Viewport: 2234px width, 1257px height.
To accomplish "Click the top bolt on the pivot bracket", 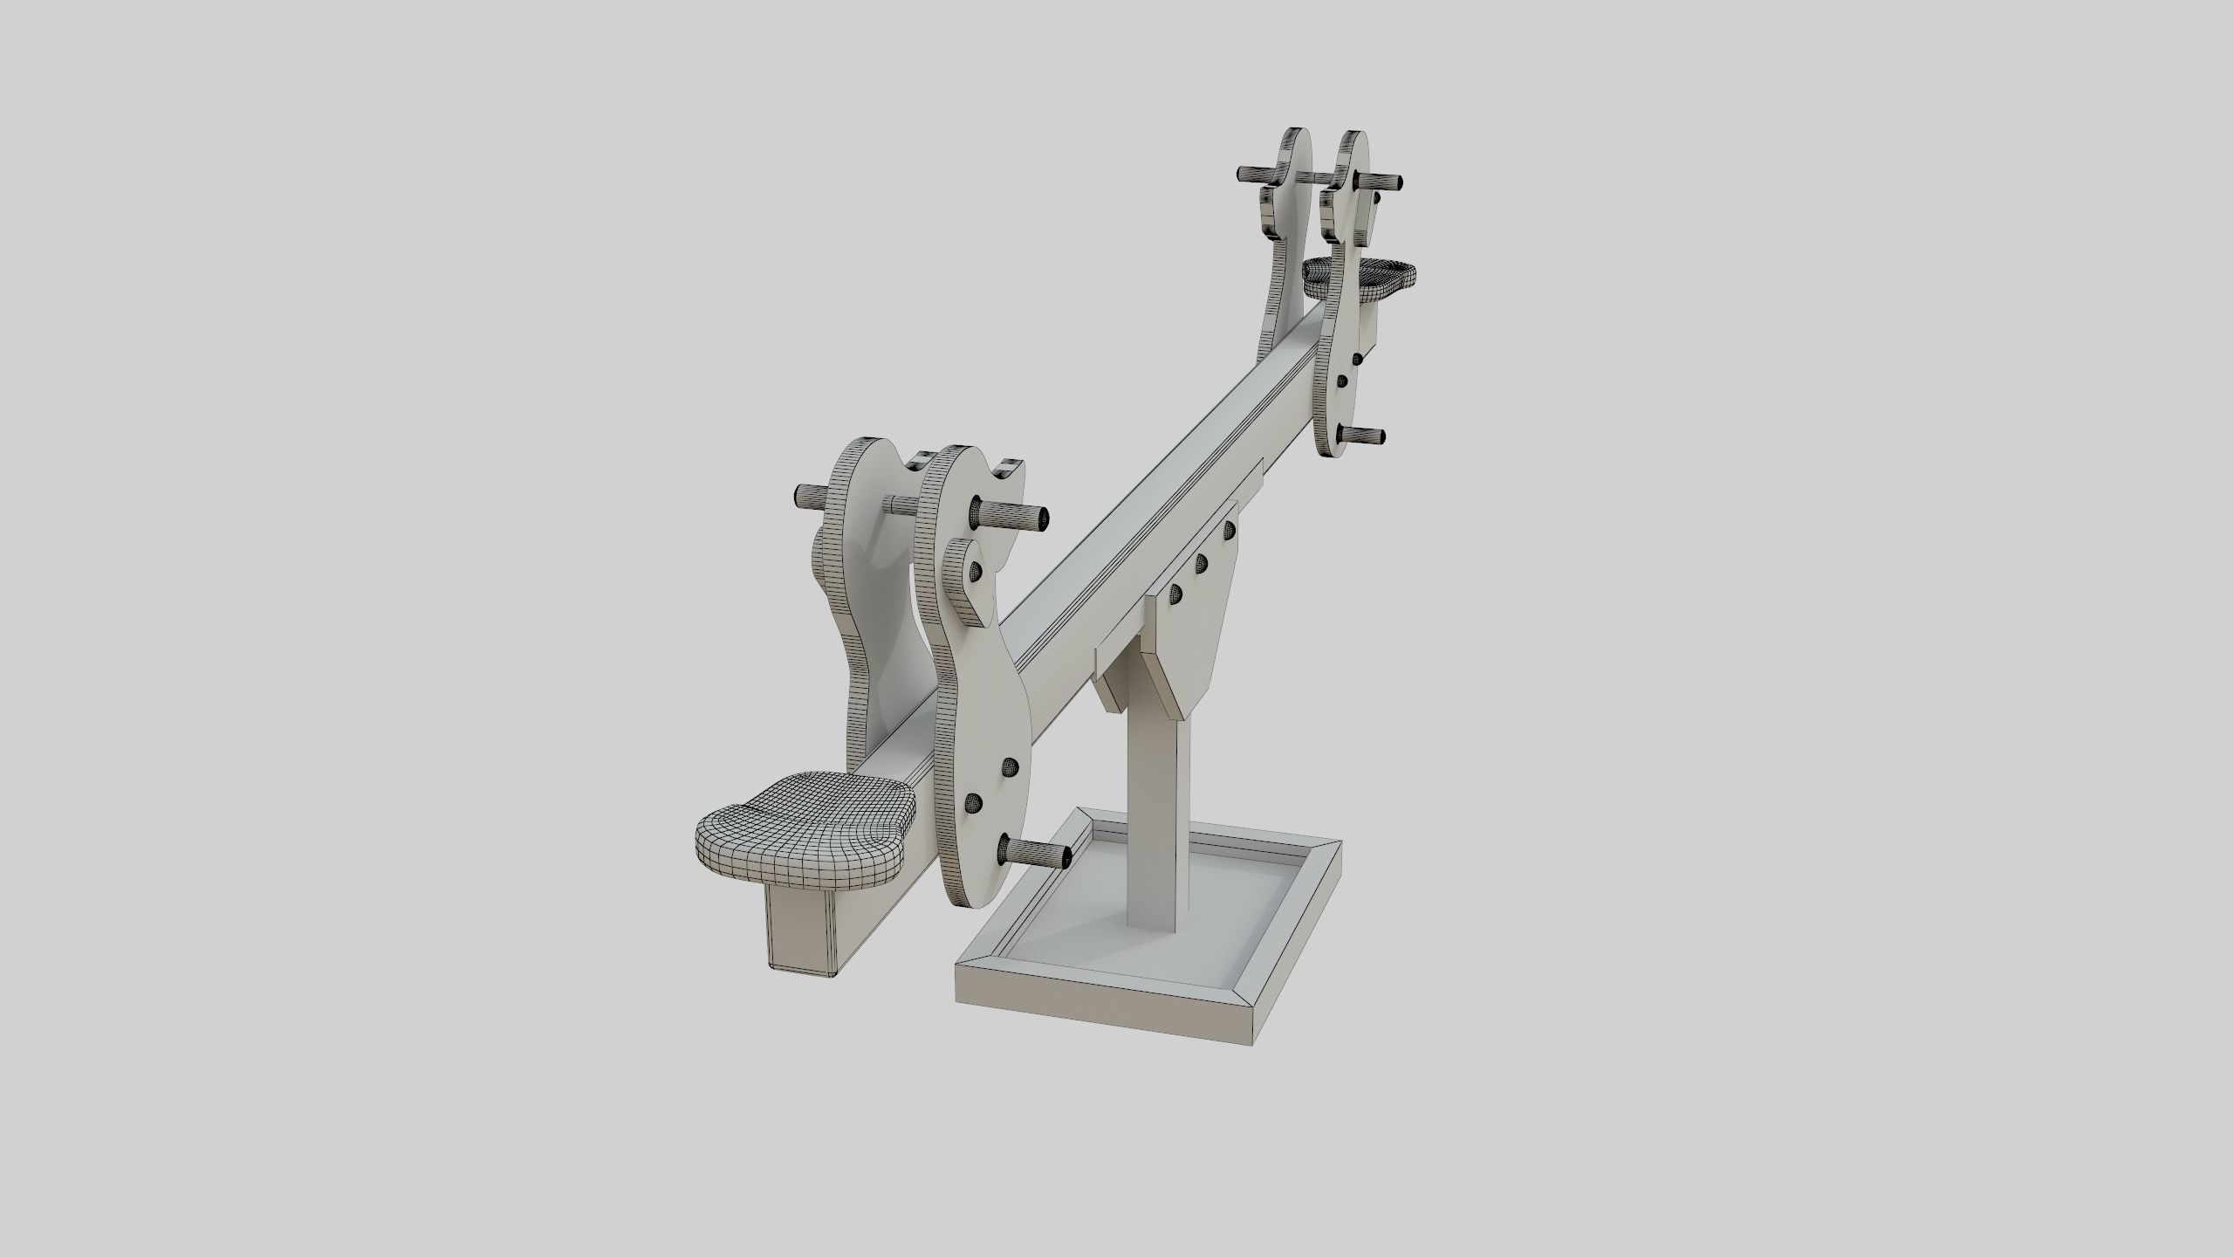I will click(x=1230, y=528).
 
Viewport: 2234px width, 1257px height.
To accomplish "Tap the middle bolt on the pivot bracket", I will click(x=1202, y=561).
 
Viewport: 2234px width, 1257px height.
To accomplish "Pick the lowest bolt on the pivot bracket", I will click(x=1175, y=594).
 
